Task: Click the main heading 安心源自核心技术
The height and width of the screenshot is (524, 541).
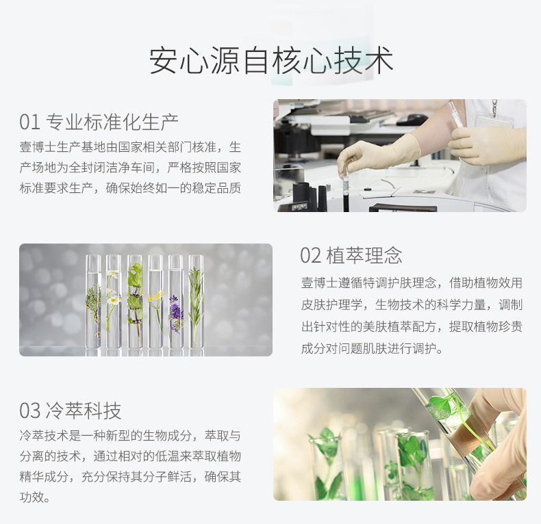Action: pyautogui.click(x=271, y=60)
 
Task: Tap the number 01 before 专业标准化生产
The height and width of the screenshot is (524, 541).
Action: pyautogui.click(x=29, y=122)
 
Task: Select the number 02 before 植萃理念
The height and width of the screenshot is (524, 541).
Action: pyautogui.click(x=310, y=256)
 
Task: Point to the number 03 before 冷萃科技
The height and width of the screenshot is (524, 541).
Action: pyautogui.click(x=29, y=410)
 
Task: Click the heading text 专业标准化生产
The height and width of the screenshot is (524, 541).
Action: pyautogui.click(x=112, y=122)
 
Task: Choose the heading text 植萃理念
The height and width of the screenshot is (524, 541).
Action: pyautogui.click(x=364, y=256)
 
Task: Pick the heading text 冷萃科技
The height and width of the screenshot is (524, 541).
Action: pyautogui.click(x=83, y=410)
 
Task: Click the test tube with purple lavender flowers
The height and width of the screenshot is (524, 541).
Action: pyautogui.click(x=175, y=301)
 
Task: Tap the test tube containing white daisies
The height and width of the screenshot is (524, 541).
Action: pyautogui.click(x=114, y=301)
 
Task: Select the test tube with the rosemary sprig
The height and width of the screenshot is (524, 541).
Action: pyautogui.click(x=197, y=301)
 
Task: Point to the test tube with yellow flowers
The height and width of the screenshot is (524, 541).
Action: pyautogui.click(x=155, y=301)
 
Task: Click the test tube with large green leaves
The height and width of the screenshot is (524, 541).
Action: pyautogui.click(x=134, y=301)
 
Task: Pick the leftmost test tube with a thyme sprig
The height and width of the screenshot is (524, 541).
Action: pyautogui.click(x=93, y=301)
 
